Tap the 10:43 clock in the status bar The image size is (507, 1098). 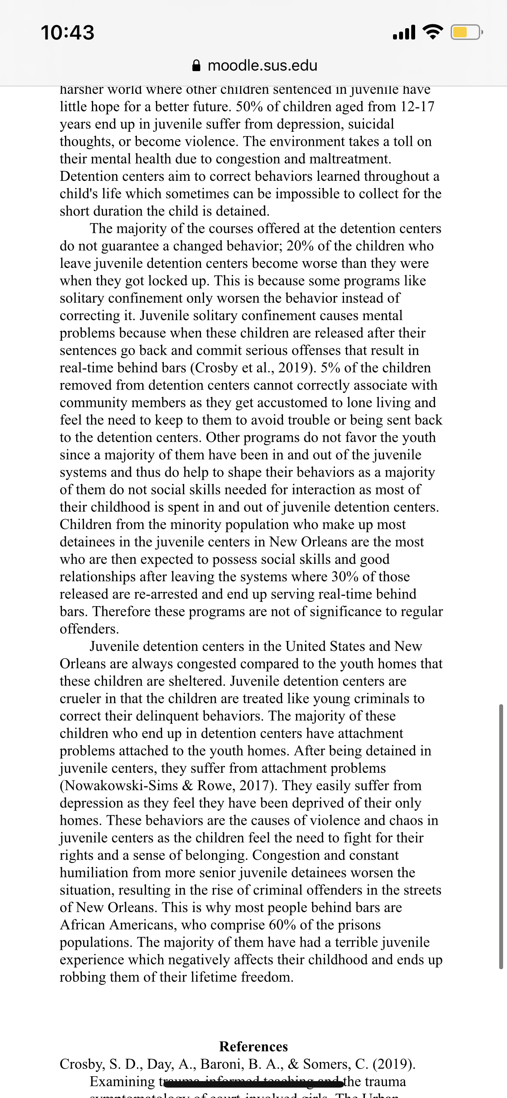pos(68,33)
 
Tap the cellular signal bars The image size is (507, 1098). pos(404,33)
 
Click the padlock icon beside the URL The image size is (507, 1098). pos(196,65)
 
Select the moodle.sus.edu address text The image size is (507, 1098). pos(263,65)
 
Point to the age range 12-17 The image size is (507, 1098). pos(417,107)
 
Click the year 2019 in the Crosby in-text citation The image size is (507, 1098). pos(295,368)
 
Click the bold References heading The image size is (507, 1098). pos(253,1046)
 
